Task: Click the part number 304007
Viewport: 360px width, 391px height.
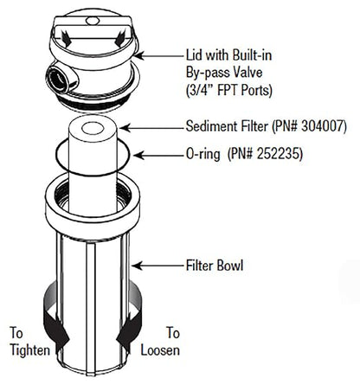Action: (322, 126)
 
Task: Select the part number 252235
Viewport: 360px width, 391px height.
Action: (279, 154)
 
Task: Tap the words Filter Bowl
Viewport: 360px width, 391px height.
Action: (215, 266)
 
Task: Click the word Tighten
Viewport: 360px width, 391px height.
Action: (30, 350)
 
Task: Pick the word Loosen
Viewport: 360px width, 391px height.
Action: (160, 350)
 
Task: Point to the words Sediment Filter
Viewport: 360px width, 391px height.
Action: (227, 126)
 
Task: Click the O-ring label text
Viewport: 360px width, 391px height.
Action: (202, 154)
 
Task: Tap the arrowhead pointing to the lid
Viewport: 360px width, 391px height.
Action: (138, 55)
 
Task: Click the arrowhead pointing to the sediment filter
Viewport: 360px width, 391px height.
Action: (125, 128)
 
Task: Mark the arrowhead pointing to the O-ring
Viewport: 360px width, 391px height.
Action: (138, 156)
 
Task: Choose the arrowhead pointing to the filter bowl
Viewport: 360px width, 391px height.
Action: (137, 266)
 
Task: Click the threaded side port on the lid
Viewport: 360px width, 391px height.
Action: (59, 78)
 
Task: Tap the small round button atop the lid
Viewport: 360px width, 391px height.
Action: (93, 21)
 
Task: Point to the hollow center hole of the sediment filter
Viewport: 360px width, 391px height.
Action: (93, 128)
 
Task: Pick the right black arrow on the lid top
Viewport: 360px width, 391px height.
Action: (119, 39)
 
